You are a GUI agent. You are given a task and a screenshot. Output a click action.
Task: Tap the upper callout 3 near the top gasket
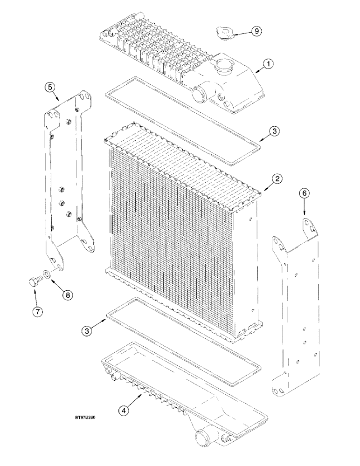coord(276,132)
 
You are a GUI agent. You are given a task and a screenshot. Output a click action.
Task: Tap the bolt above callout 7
coord(32,282)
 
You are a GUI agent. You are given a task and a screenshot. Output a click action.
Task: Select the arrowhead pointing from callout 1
coord(255,71)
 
